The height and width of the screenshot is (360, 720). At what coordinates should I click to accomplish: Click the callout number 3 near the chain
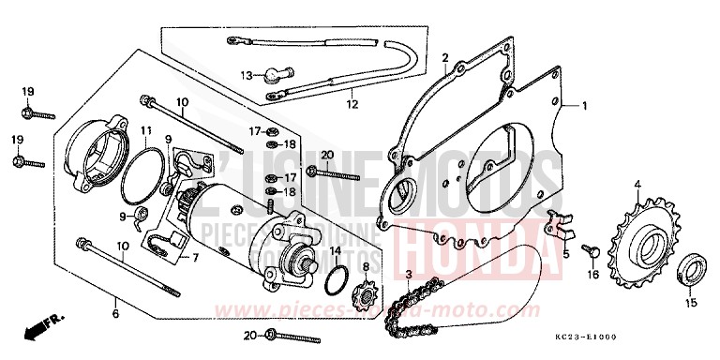pos(408,273)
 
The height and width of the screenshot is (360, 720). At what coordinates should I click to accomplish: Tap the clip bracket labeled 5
pos(560,225)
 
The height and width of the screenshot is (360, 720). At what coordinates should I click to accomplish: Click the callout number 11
pos(147,130)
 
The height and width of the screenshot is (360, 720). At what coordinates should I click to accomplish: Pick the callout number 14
pos(336,249)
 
